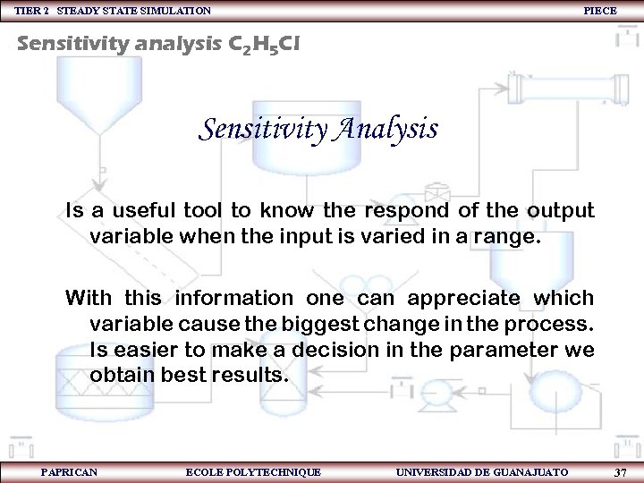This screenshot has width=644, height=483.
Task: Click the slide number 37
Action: pos(620,472)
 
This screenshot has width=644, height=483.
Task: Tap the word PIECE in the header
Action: pos(599,10)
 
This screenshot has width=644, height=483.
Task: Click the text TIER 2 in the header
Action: pos(32,10)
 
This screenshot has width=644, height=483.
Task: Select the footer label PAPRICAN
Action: pos(70,472)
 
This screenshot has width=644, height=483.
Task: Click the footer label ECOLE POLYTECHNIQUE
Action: pos(253,472)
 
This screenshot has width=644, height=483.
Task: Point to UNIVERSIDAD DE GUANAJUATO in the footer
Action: pos(481,472)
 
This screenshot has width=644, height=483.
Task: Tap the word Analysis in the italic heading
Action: pos(386,129)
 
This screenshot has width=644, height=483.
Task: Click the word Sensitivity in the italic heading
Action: pos(262,129)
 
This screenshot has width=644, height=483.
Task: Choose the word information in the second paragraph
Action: pos(233,297)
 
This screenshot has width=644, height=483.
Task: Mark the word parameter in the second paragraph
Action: pos(501,349)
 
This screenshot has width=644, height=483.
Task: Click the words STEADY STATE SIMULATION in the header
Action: pos(134,10)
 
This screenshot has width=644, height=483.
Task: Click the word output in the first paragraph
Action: pos(559,211)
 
